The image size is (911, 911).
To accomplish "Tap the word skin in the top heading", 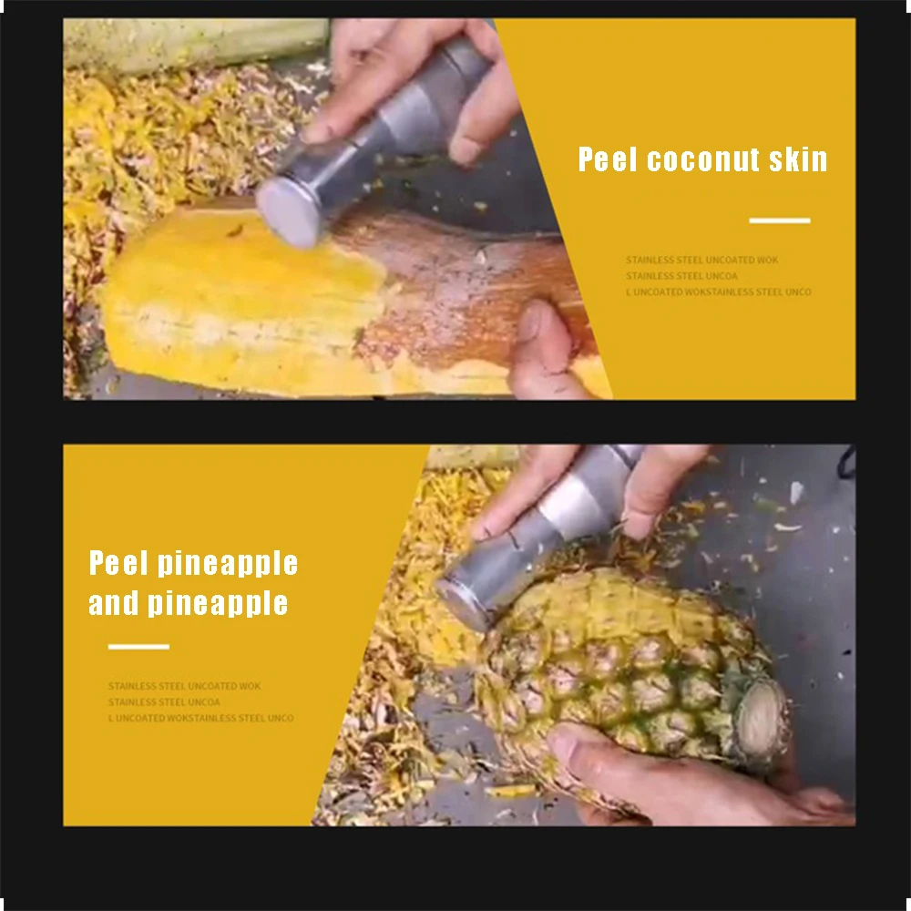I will coord(797,160).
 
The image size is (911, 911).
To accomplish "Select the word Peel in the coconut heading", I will coord(609,160).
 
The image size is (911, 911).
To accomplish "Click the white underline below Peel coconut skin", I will coord(780,220).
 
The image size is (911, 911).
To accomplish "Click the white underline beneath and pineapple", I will coord(138,647).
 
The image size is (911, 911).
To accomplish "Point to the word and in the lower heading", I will coord(114,603).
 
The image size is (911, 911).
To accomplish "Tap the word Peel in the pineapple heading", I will coord(118,563).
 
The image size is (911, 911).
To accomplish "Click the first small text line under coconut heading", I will coord(701,261).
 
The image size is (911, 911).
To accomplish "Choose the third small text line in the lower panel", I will coord(200,718).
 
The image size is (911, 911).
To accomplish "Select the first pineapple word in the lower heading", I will coord(228,563).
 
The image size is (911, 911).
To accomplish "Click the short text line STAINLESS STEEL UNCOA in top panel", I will coord(681,276).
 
